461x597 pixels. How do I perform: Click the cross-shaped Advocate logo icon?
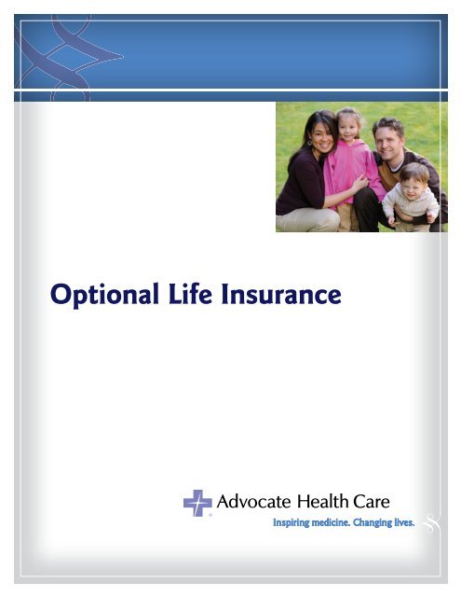coord(197,503)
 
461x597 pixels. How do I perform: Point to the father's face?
coord(387,137)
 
